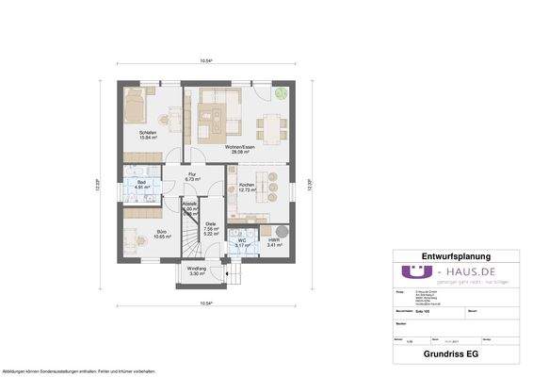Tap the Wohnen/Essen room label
[238, 148]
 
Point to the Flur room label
[192, 175]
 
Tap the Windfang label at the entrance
[197, 270]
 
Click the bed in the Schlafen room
[135, 105]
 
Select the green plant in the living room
[281, 93]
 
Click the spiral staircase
[194, 242]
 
